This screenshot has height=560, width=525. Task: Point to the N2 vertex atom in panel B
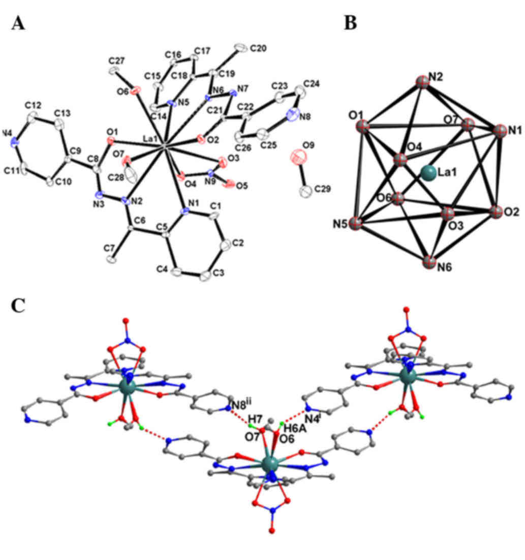(x=422, y=82)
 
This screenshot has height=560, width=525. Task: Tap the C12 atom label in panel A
(x=33, y=105)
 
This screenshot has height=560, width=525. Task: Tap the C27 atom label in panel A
(x=117, y=60)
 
